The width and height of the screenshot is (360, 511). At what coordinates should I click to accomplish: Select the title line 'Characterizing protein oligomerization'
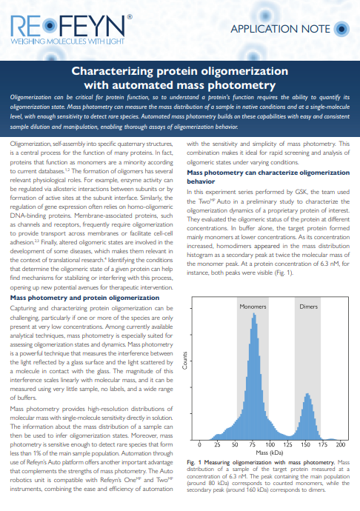click(x=179, y=72)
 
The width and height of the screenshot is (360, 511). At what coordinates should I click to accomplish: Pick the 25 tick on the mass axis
click(x=215, y=444)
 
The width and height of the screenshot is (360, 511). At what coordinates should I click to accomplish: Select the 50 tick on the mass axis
click(x=233, y=444)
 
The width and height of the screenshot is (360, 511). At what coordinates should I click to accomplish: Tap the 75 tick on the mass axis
click(x=250, y=444)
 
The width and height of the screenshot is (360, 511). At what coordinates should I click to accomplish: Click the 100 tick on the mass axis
click(x=268, y=444)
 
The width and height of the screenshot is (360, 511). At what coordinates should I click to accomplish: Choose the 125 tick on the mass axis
click(x=287, y=444)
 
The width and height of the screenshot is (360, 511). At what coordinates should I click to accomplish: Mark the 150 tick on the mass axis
click(x=304, y=444)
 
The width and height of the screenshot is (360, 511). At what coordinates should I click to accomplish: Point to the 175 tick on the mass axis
click(x=322, y=444)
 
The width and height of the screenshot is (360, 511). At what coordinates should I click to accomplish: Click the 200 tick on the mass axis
click(x=341, y=444)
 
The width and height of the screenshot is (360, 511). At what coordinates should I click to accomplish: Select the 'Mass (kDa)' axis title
click(x=268, y=452)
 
